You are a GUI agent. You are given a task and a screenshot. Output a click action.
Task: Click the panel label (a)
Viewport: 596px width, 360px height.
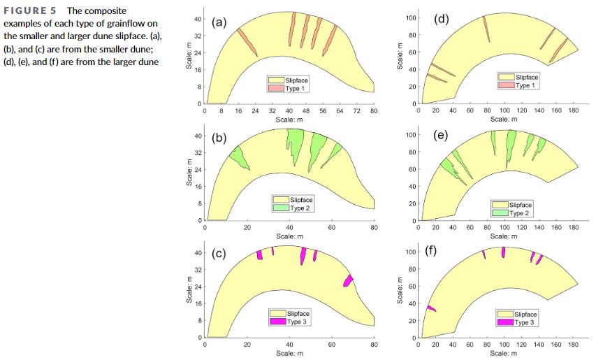(x=219, y=22)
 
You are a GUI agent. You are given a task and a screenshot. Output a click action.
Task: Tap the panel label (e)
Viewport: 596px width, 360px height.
(x=441, y=135)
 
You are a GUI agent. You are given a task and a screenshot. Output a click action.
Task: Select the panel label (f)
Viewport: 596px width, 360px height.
(x=430, y=251)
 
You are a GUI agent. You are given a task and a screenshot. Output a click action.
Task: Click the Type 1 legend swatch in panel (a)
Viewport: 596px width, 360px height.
(x=276, y=89)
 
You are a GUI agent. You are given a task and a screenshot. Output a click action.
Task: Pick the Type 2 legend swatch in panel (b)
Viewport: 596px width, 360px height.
(x=281, y=208)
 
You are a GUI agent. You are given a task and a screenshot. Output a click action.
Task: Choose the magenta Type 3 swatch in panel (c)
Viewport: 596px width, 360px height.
(x=278, y=322)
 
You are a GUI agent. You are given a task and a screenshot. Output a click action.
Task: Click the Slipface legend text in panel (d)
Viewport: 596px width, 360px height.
(x=527, y=77)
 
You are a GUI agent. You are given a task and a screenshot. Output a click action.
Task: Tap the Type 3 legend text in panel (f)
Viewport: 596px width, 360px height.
(x=524, y=323)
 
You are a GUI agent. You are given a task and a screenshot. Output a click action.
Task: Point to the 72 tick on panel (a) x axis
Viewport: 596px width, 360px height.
(x=357, y=111)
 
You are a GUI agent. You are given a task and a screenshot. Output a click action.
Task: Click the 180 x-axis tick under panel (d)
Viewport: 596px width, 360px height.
(x=573, y=110)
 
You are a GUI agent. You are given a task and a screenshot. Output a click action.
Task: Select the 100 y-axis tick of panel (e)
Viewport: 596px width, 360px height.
(x=410, y=135)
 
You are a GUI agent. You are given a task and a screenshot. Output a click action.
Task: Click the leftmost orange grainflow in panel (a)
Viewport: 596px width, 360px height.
(x=247, y=43)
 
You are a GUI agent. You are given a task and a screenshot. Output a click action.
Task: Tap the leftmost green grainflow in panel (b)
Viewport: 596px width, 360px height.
(x=239, y=158)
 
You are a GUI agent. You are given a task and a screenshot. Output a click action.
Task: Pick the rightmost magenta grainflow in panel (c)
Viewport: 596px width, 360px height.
(x=348, y=280)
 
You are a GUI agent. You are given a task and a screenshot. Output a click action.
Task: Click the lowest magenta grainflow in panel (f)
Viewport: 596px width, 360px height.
(x=431, y=308)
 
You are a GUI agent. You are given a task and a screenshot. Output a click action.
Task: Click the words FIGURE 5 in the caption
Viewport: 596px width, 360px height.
(x=30, y=10)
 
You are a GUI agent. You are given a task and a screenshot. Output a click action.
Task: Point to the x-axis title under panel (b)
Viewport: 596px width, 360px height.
(x=290, y=236)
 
